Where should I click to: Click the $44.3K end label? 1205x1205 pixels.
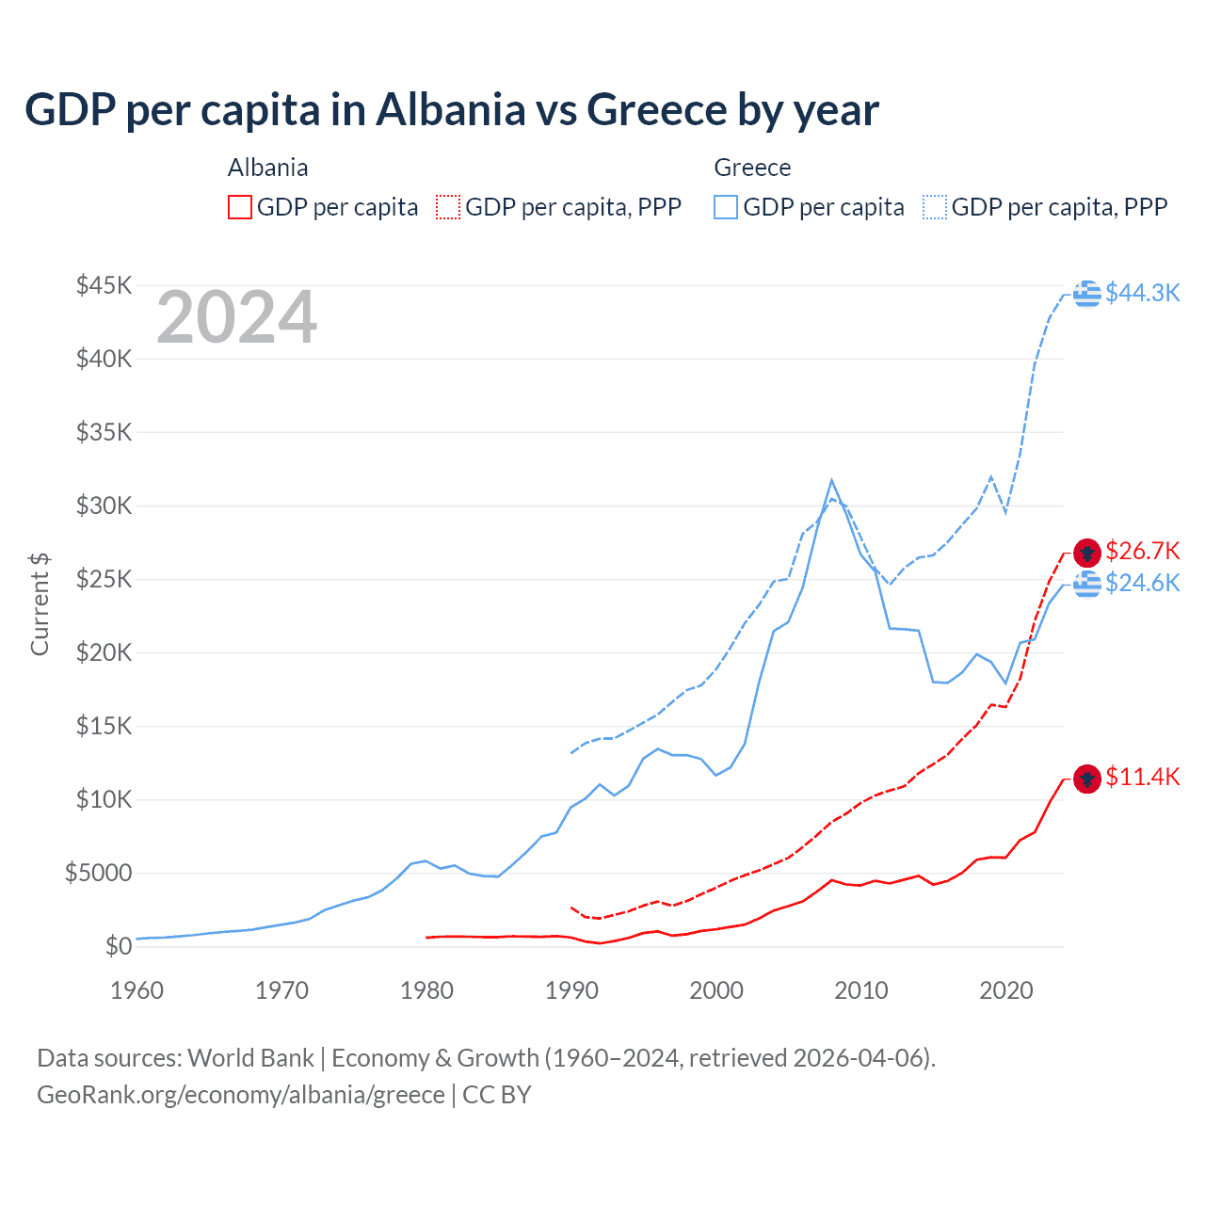click(1142, 293)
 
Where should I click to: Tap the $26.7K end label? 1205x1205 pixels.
click(1142, 551)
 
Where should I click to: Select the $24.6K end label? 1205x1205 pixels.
click(1142, 583)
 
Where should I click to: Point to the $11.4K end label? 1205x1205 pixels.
click(1142, 777)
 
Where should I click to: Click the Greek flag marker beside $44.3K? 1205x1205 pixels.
click(1087, 294)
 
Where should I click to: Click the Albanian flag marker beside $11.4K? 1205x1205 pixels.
click(1087, 779)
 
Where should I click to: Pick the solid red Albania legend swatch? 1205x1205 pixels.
click(240, 207)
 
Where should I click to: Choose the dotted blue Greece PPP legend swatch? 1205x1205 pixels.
click(935, 207)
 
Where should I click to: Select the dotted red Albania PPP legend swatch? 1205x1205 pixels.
click(448, 207)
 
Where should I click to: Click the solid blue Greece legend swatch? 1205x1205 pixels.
click(726, 207)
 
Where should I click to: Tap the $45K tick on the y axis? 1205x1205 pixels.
click(104, 285)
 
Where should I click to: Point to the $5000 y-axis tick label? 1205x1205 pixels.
click(98, 873)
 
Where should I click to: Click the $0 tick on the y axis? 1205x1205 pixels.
click(118, 946)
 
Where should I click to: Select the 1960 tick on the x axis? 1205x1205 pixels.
click(137, 990)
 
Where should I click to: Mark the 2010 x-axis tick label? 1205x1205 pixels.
click(861, 990)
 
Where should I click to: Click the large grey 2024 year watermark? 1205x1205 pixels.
click(237, 318)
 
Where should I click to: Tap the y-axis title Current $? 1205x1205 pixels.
click(40, 604)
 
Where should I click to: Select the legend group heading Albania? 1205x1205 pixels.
click(268, 168)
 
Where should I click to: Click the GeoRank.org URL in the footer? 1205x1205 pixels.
click(241, 1095)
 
